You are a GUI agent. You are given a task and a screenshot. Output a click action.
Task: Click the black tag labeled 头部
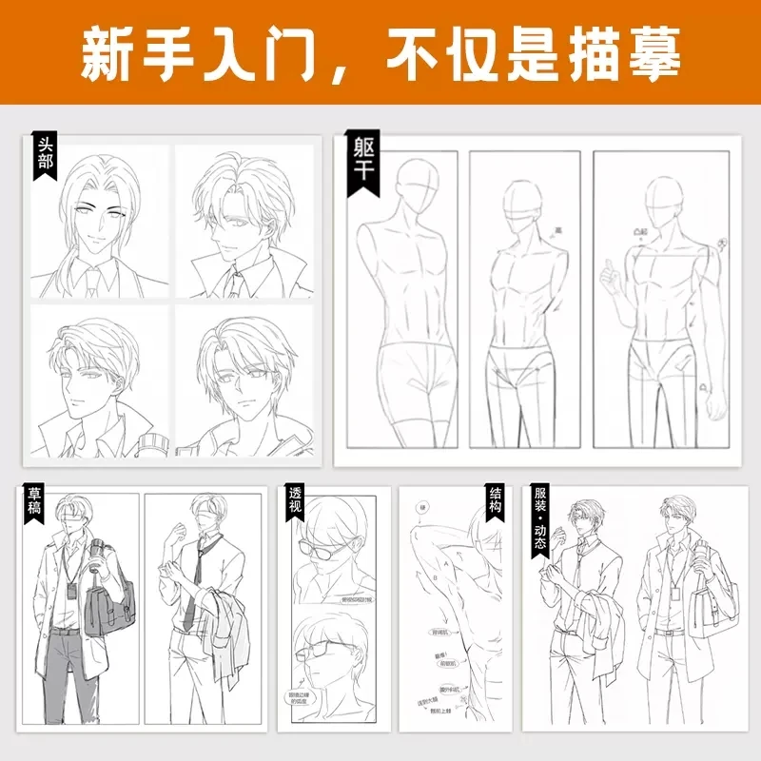click(x=45, y=159)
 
